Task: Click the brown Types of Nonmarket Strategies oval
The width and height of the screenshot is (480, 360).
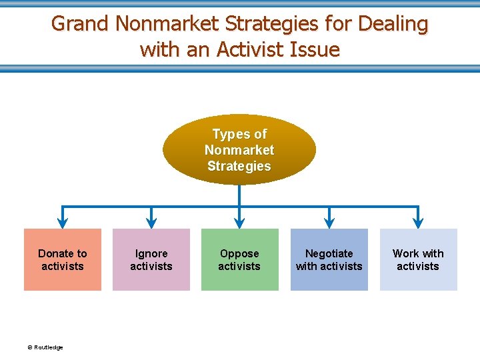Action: click(239, 149)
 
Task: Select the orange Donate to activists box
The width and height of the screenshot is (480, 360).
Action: click(63, 260)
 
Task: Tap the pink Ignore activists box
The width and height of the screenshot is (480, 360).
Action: click(151, 260)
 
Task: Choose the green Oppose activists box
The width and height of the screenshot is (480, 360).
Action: click(240, 260)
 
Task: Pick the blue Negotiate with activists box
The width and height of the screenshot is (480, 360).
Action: click(329, 260)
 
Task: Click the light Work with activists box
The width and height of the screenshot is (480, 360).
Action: click(418, 260)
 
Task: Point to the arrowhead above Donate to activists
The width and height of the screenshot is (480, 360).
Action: click(63, 222)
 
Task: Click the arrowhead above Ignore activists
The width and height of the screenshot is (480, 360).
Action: click(151, 222)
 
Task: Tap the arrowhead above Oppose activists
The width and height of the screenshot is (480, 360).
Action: click(240, 222)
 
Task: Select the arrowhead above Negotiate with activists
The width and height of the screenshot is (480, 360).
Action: click(329, 222)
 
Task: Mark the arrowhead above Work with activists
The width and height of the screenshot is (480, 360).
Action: click(418, 222)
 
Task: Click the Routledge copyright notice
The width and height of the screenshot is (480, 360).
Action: click(45, 347)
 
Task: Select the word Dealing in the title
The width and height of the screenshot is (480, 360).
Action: click(393, 24)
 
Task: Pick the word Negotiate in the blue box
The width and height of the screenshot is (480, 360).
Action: click(329, 253)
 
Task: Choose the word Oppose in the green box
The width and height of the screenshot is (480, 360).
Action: click(239, 253)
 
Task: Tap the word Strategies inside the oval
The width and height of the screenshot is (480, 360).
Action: click(239, 166)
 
